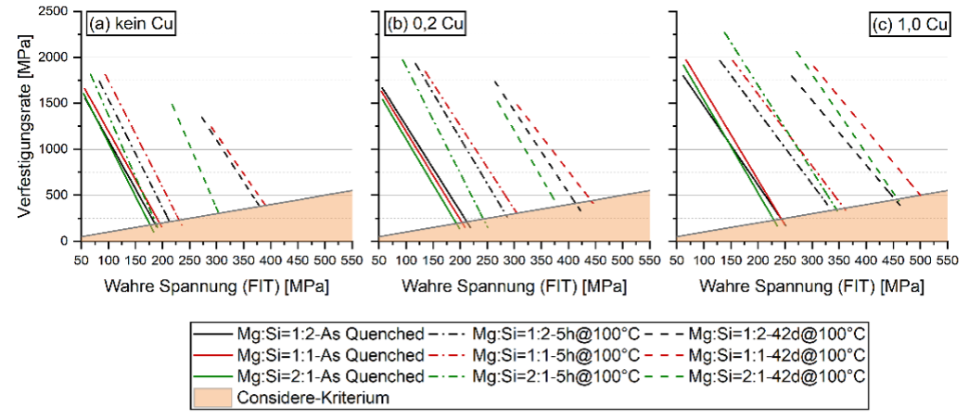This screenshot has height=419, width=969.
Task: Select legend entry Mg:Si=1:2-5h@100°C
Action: point(555,333)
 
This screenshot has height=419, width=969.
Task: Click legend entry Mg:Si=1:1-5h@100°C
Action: point(555,355)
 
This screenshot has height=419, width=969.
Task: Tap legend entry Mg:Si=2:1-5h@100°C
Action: point(555,376)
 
